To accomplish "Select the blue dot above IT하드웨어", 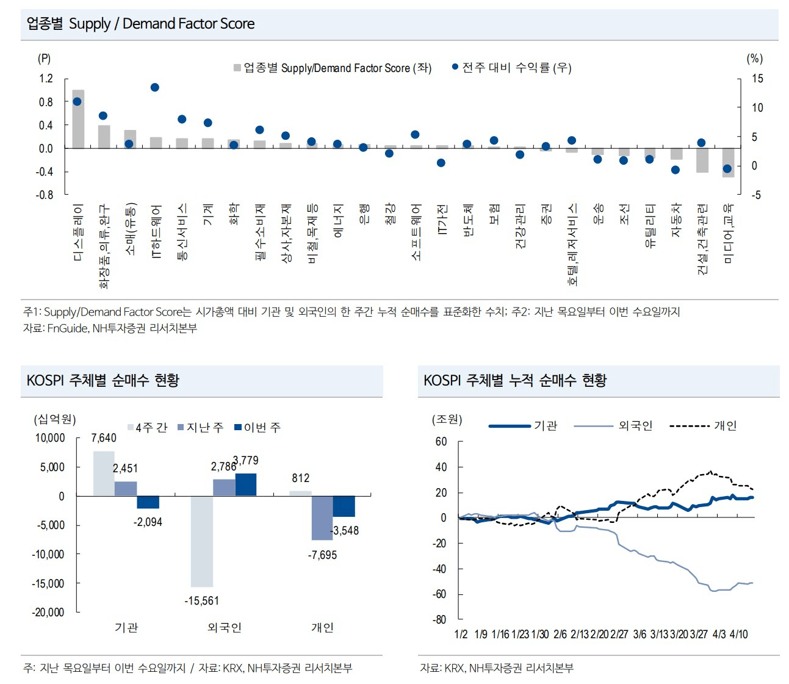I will click(x=154, y=87).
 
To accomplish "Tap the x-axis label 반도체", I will click(x=468, y=220).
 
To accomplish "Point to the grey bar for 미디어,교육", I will click(x=728, y=163).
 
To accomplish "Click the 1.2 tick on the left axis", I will click(x=46, y=79).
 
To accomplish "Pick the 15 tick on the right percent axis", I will click(x=757, y=79).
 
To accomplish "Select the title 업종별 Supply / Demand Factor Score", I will click(x=140, y=24).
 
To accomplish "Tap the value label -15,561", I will click(x=201, y=601).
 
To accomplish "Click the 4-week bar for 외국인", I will click(x=202, y=541).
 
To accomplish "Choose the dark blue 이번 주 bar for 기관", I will click(x=148, y=502).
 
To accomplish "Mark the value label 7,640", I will click(x=104, y=438).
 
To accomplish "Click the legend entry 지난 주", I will click(x=201, y=428).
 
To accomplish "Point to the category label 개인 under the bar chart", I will click(x=322, y=627).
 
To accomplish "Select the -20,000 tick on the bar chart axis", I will click(x=48, y=612).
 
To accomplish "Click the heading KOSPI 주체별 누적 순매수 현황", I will click(x=515, y=381).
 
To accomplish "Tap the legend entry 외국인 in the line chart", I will click(x=635, y=425).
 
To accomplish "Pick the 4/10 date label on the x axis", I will click(x=738, y=635).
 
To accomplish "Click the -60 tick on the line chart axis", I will click(x=440, y=594).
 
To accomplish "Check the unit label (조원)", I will click(x=447, y=419).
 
